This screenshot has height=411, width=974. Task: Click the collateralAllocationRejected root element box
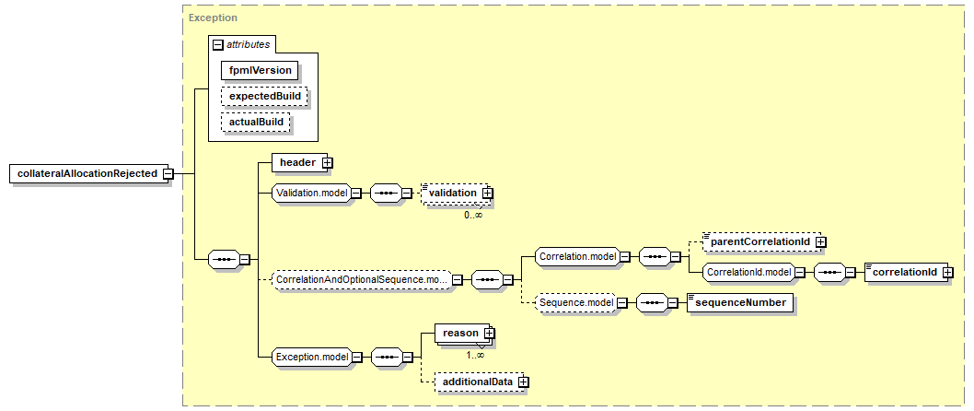(87, 173)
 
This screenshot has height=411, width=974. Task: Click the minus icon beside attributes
(218, 44)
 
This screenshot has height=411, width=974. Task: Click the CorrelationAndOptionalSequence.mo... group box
(361, 279)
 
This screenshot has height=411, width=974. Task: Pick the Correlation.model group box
(576, 256)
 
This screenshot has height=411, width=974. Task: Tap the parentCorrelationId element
(759, 241)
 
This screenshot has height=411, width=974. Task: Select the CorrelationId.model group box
(748, 273)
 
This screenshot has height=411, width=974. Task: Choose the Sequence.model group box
(576, 302)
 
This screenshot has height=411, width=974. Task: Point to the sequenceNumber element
(739, 302)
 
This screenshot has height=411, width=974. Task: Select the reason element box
(460, 333)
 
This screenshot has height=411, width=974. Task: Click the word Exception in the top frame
(213, 18)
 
